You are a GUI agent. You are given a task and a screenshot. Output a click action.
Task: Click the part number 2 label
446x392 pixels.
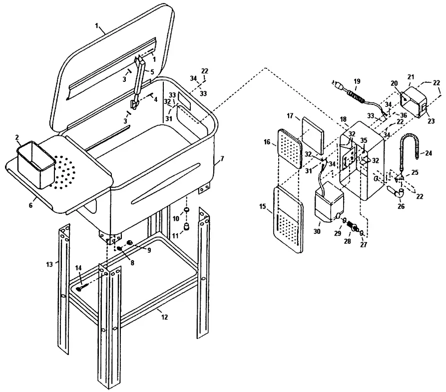click(17, 137)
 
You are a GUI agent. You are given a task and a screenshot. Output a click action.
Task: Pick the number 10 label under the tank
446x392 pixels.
click(176, 220)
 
